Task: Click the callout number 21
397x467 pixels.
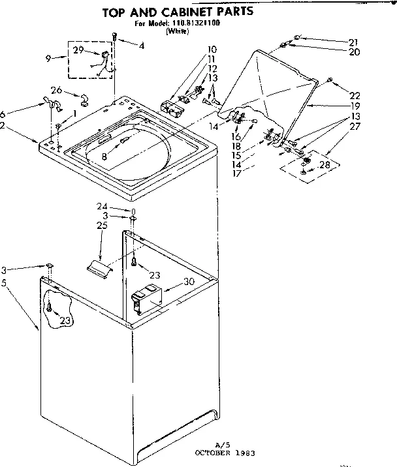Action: (354, 42)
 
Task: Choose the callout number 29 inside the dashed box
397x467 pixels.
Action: (78, 50)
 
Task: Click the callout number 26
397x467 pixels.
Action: (56, 90)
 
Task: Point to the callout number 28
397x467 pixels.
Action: (325, 166)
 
